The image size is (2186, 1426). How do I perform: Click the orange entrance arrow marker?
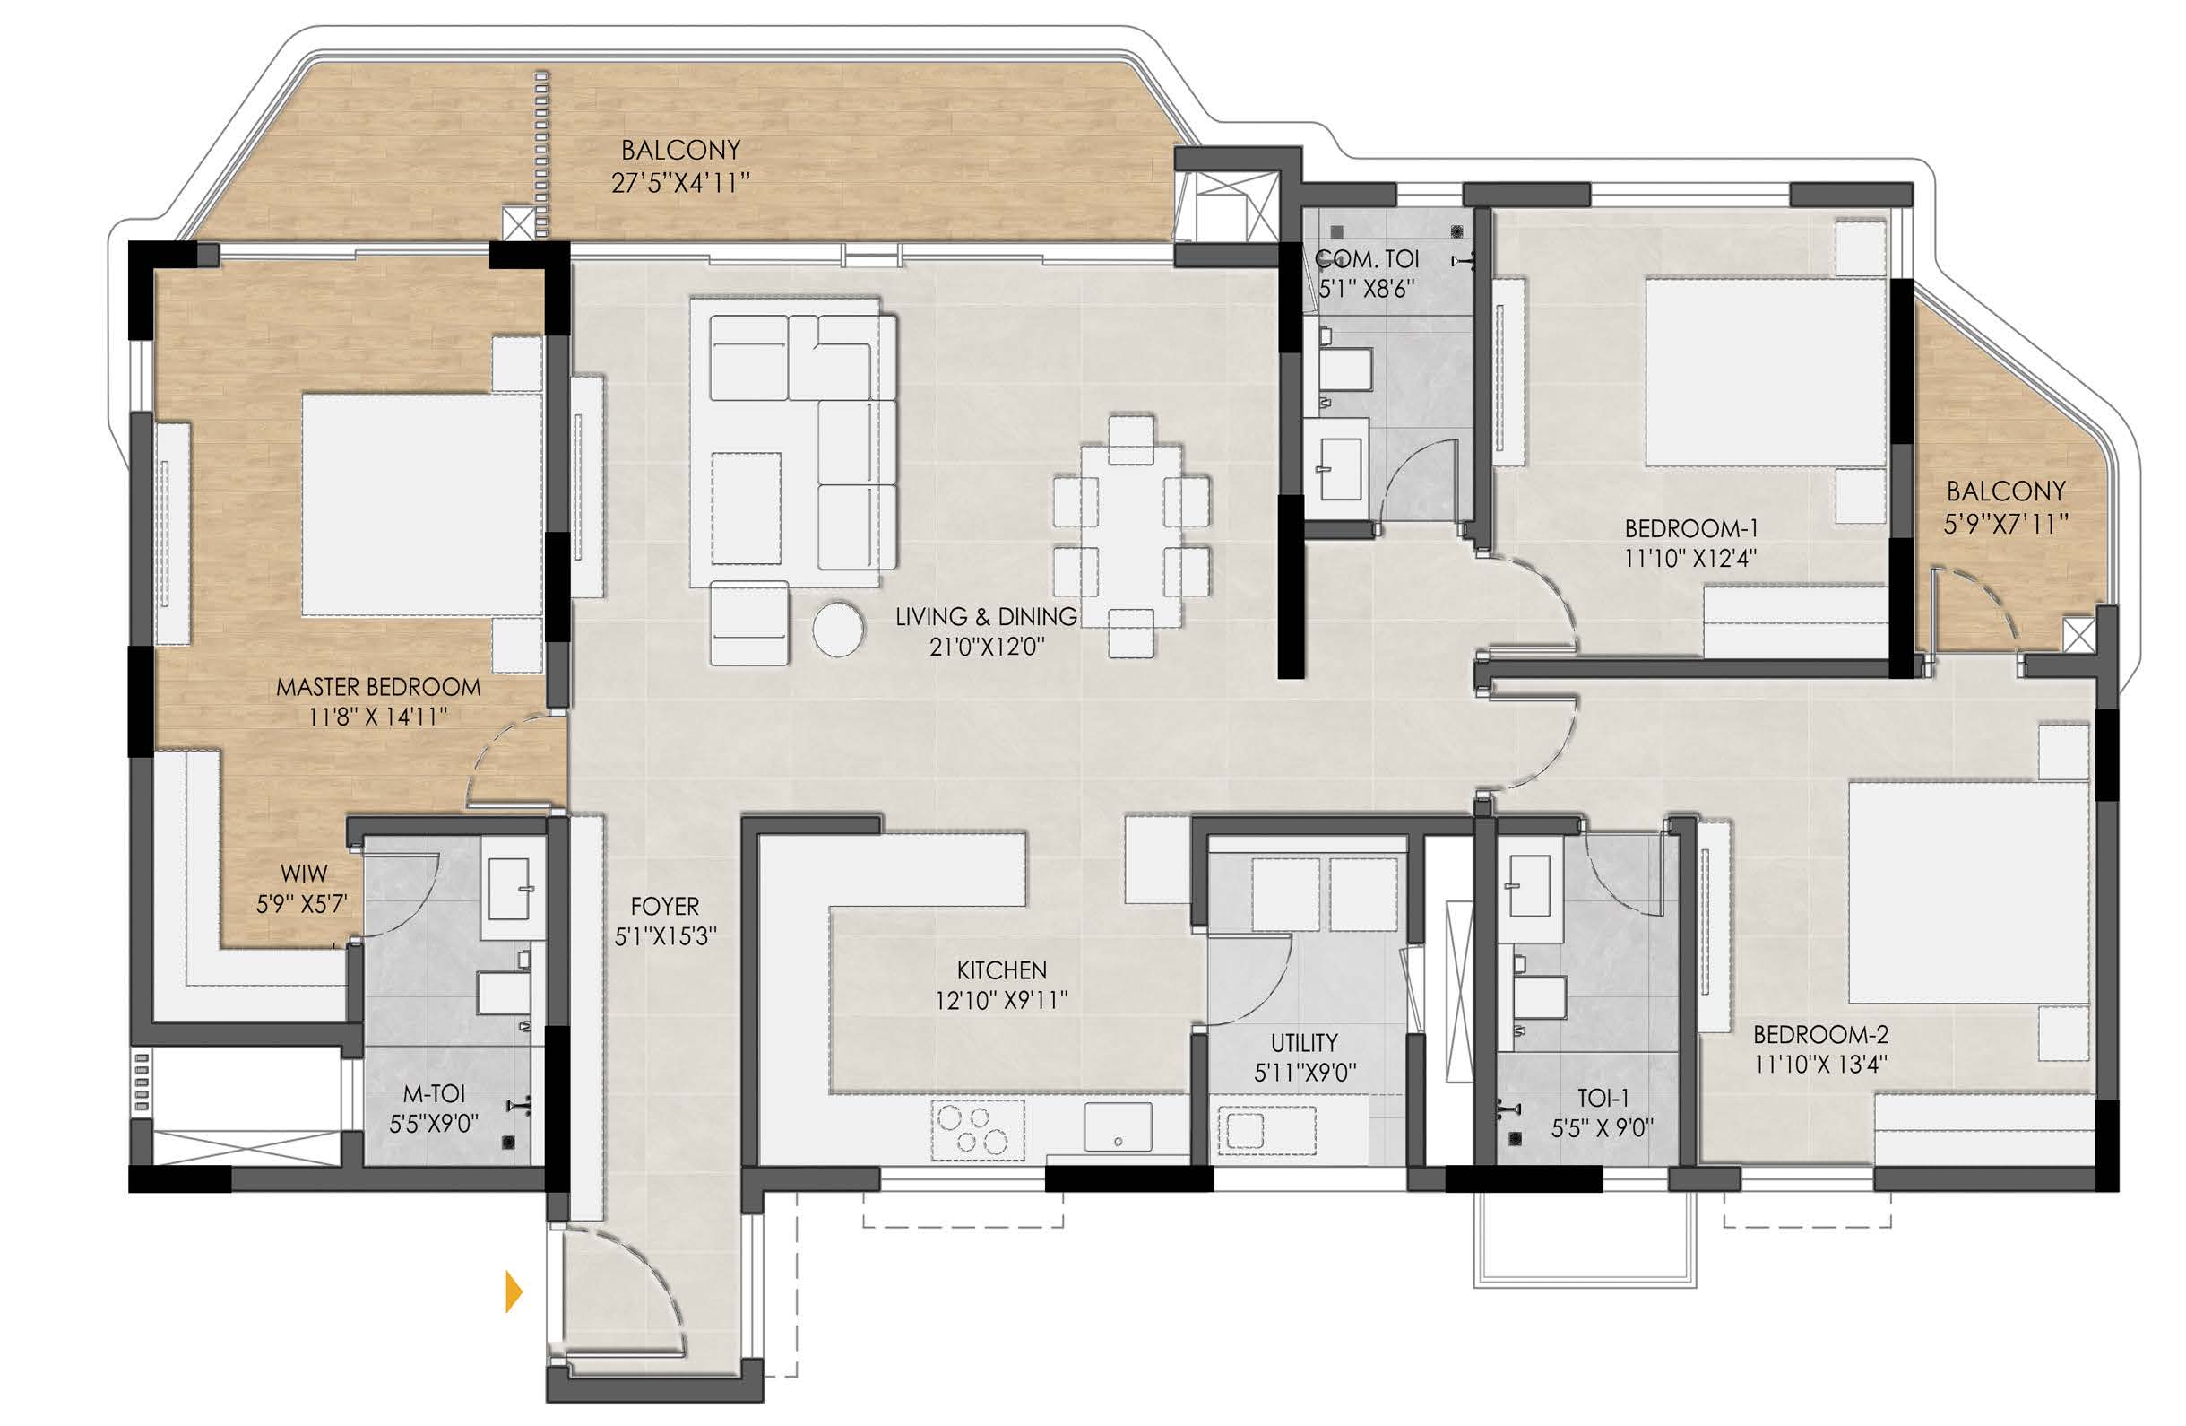(x=514, y=1291)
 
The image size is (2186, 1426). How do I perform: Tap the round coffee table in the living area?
(x=838, y=630)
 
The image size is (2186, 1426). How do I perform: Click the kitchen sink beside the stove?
(x=1118, y=1126)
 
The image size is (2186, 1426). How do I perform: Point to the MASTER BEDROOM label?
(x=378, y=687)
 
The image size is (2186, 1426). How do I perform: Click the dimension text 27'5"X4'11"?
(x=680, y=183)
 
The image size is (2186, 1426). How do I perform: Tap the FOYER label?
(x=665, y=907)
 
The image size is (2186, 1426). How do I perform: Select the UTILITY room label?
(x=1304, y=1043)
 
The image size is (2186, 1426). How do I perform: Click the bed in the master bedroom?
(x=422, y=504)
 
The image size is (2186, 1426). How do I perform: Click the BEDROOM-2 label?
(x=1820, y=1035)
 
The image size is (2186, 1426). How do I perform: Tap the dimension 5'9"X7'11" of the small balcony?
(x=2006, y=524)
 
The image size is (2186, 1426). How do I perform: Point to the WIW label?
(x=304, y=874)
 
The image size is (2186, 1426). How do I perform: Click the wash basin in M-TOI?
(x=509, y=889)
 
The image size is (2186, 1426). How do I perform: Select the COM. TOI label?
(x=1367, y=259)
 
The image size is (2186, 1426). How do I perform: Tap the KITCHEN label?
(x=1001, y=970)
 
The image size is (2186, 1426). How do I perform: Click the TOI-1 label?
(x=1603, y=1098)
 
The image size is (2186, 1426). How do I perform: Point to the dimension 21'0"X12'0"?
(x=987, y=647)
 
